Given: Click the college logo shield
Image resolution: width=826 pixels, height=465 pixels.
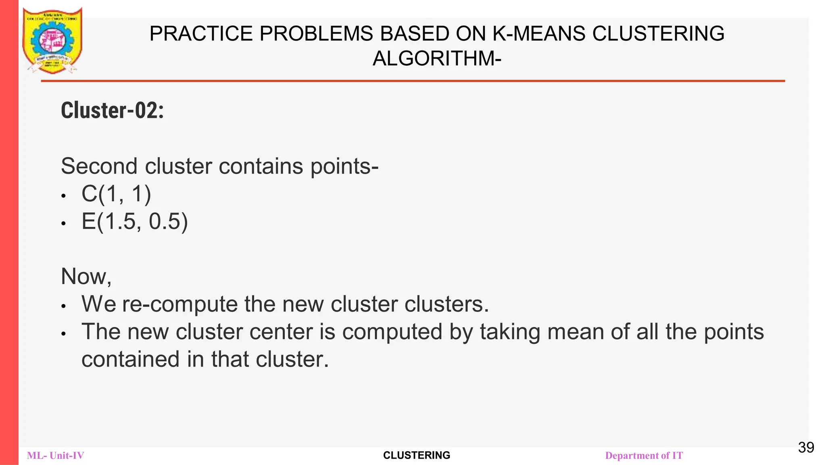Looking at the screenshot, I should (52, 40).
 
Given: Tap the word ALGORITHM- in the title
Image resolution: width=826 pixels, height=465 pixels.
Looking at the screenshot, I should (437, 59).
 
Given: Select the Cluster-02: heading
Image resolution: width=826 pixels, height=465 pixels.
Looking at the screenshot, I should (113, 111).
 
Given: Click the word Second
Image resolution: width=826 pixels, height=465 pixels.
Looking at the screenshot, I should (99, 166).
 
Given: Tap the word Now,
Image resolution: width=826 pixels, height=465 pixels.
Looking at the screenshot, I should (86, 276).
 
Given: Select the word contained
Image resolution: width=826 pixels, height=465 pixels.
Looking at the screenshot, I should (130, 359).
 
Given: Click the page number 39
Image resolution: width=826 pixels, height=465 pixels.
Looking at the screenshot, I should (806, 447).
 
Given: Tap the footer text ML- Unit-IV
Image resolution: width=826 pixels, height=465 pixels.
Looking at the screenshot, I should (56, 456).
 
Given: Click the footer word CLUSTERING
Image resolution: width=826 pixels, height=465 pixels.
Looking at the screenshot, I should (417, 455).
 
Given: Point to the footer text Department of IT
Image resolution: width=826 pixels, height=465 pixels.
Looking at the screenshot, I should (644, 456).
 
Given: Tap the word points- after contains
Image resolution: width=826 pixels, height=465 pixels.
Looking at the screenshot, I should (344, 166).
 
